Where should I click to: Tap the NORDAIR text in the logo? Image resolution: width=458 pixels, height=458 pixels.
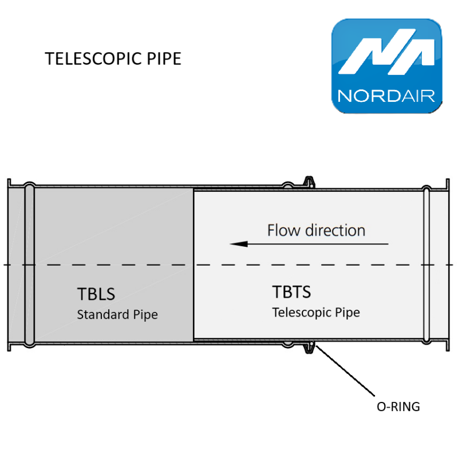387,94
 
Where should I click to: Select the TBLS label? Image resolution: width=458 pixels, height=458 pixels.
96,294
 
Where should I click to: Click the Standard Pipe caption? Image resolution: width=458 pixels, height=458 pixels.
117,314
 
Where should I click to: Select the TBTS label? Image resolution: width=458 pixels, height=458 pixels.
291,292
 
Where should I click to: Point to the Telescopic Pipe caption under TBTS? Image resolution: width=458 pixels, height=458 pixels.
316,313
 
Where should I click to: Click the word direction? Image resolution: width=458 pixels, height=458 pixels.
335,230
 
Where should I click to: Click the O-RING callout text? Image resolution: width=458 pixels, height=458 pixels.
398,407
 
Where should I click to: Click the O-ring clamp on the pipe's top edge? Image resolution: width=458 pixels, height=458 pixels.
309,181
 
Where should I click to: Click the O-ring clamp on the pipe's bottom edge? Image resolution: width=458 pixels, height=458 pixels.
309,346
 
